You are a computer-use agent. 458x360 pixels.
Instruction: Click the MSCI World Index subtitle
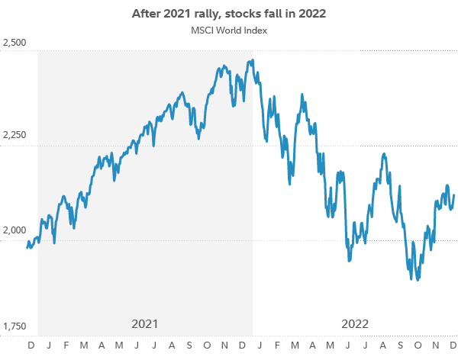(x=228, y=31)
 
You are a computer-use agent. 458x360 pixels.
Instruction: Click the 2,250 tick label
(x=15, y=135)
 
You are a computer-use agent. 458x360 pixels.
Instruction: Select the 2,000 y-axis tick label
(x=15, y=230)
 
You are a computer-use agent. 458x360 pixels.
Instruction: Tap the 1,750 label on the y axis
(x=15, y=326)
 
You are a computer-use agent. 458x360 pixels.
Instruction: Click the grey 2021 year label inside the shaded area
(x=144, y=323)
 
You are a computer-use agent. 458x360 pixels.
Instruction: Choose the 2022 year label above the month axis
(x=355, y=323)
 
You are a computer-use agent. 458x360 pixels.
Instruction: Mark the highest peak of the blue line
(x=252, y=60)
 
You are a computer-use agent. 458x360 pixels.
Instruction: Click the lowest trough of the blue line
(x=418, y=280)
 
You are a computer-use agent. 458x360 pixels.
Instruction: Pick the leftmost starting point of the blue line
(x=27, y=247)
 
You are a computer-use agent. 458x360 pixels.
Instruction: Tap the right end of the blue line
(x=453, y=196)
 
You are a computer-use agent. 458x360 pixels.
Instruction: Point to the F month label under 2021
(x=66, y=346)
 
